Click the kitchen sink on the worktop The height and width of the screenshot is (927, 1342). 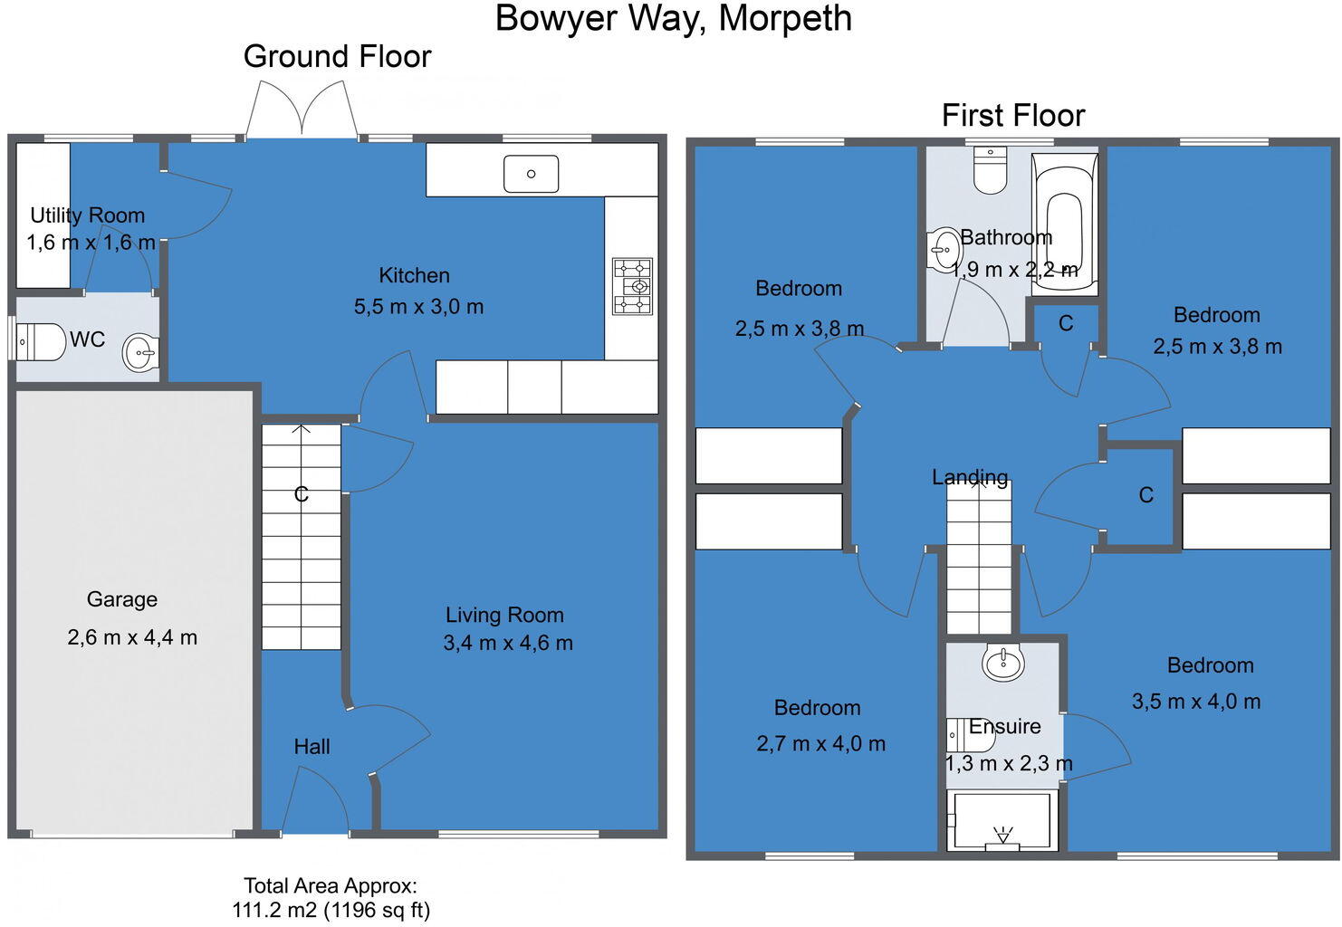pos(531,174)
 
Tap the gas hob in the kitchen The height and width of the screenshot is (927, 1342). pos(632,286)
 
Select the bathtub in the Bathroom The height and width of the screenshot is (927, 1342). pos(1065,224)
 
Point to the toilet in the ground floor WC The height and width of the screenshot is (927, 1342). pos(40,342)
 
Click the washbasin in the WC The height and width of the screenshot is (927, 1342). pos(140,353)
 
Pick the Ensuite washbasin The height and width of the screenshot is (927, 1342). pos(1003,663)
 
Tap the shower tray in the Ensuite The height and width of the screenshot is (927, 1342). pos(1002,820)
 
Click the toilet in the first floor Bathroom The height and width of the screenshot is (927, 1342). pos(991,170)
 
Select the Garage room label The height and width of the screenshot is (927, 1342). pos(122,599)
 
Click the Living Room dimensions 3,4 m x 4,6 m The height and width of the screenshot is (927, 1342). pos(508,643)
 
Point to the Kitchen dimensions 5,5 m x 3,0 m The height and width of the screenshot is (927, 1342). pos(418,307)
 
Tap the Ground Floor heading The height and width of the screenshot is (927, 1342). pos(337,57)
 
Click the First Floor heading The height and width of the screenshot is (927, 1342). pos(1013,116)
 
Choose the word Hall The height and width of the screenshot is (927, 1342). pos(312,747)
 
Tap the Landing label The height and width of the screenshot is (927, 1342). pos(970,477)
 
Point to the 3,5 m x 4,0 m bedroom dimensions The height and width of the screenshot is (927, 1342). pos(1196,702)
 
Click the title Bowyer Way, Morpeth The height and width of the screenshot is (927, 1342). pos(674,19)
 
